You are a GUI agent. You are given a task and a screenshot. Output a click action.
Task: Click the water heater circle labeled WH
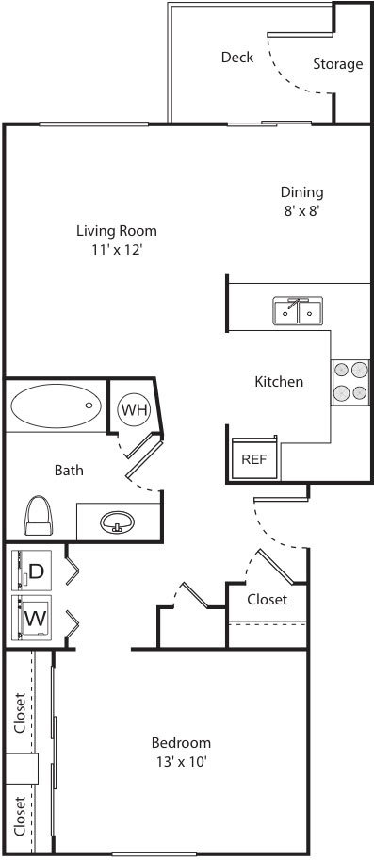135,409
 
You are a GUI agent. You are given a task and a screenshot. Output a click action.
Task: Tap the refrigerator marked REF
254,458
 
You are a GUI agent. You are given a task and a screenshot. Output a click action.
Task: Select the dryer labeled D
32,571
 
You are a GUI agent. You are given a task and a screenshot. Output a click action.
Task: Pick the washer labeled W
32,618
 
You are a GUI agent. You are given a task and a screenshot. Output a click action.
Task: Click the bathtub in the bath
56,406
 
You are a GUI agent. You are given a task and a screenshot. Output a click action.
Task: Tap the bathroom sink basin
118,522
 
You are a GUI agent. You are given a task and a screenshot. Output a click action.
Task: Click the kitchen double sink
298,311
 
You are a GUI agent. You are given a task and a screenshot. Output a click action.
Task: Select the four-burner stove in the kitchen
350,382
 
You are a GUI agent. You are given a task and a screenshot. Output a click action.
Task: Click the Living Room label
116,231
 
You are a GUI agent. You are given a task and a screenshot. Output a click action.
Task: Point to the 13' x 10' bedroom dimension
182,762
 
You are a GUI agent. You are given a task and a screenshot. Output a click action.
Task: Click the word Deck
237,58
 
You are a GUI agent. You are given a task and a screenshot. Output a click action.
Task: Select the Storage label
338,64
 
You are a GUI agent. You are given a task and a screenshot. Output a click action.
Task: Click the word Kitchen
279,381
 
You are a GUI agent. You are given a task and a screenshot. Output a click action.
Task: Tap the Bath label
69,470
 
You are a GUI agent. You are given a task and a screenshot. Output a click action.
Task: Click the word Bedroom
181,743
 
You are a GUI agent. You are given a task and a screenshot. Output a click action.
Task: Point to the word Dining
302,192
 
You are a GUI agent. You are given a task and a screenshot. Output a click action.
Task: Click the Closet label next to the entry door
267,599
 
